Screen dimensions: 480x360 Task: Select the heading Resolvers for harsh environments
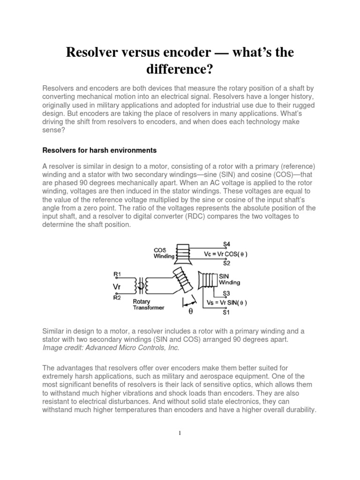[99, 150]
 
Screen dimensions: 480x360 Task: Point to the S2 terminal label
[226, 263]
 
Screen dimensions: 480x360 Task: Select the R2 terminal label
[117, 297]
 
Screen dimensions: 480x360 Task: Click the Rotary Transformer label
[147, 305]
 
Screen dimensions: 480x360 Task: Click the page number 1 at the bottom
[180, 433]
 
